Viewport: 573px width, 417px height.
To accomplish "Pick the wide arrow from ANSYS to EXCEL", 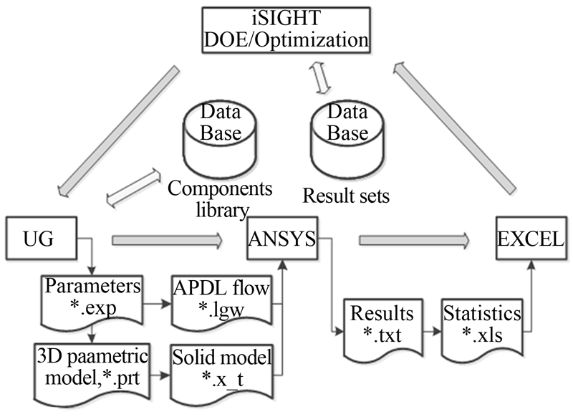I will click(413, 239).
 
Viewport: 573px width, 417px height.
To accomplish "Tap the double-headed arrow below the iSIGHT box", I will click(317, 77).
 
